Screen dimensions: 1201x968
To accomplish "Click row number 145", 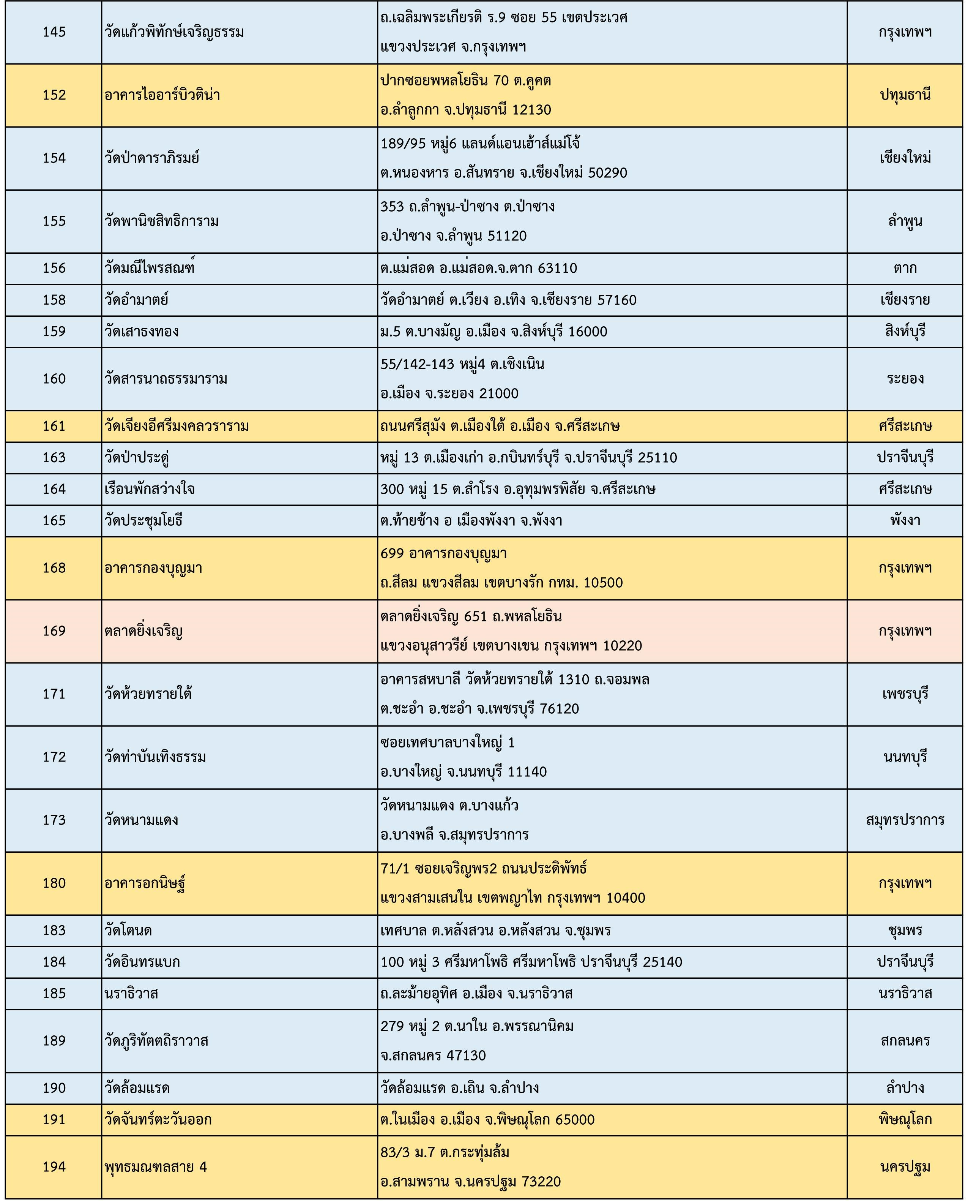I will (x=54, y=32).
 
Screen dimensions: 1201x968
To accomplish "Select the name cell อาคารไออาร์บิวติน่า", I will (x=162, y=95).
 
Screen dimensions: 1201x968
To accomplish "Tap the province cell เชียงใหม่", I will (x=905, y=158).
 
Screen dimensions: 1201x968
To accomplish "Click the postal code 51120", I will (x=507, y=236).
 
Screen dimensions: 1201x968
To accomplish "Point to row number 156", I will (x=54, y=268).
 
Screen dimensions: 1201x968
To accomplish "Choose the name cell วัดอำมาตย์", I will (x=137, y=300).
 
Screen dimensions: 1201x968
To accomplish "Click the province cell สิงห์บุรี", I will (x=905, y=331).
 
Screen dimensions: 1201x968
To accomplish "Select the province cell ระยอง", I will (x=905, y=379).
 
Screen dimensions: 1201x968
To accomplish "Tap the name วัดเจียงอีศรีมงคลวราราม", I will (x=176, y=426).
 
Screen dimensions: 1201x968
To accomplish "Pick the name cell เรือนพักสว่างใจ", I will (x=150, y=489).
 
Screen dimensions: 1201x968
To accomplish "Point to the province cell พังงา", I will (x=905, y=520).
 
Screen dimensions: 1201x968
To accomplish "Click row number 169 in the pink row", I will (x=54, y=631).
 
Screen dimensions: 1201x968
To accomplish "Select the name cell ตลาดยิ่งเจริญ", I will (x=143, y=631).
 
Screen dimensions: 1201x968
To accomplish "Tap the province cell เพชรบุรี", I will (x=905, y=694).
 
